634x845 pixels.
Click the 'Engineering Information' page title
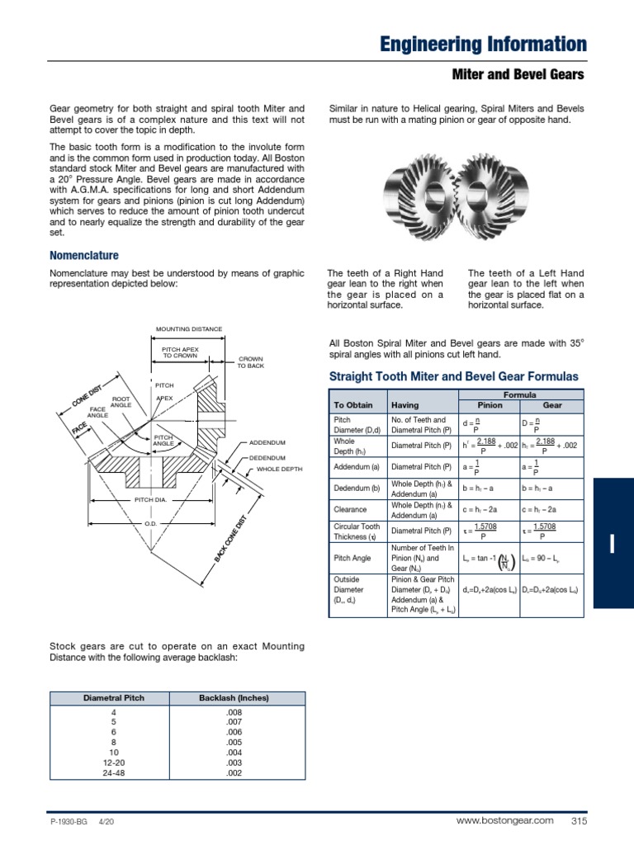[483, 45]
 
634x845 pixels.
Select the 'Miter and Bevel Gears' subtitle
[518, 75]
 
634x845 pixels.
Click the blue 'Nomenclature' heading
[84, 256]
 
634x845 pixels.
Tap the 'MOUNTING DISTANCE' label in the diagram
[189, 329]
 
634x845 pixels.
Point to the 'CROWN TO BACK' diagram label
[250, 362]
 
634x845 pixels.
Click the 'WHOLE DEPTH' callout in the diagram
[280, 469]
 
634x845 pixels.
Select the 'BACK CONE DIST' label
[230, 541]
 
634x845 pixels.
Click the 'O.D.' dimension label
[150, 523]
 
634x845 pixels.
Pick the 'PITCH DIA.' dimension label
[150, 500]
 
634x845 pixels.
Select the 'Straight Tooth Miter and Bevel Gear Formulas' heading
[454, 376]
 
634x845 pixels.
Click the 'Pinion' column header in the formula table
[490, 406]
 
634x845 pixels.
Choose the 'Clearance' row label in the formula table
[350, 510]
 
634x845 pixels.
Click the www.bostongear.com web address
[504, 820]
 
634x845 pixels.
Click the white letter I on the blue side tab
[613, 543]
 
